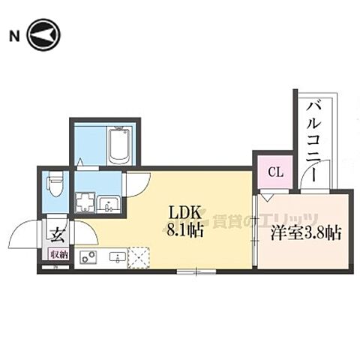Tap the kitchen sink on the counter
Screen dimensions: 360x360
point(117,257)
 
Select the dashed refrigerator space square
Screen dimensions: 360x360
point(138,256)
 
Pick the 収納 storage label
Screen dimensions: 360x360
point(58,255)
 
